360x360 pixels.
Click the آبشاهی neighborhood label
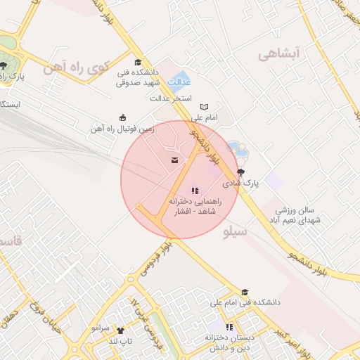pos(278,53)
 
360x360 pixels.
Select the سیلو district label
pos(234,231)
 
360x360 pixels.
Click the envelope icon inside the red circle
pos(173,161)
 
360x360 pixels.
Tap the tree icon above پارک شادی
pos(242,172)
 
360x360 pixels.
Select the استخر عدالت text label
pos(172,98)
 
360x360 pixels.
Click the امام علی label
pos(207,117)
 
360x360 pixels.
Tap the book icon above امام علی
pos(205,106)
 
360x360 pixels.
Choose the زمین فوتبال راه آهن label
pos(117,129)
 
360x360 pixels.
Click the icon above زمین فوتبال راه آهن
pos(124,118)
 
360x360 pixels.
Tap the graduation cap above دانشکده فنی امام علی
pos(245,292)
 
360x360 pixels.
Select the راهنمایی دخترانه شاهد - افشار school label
pos(195,206)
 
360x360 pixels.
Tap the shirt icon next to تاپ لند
pos(120,330)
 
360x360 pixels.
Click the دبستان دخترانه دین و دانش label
pos(229,342)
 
